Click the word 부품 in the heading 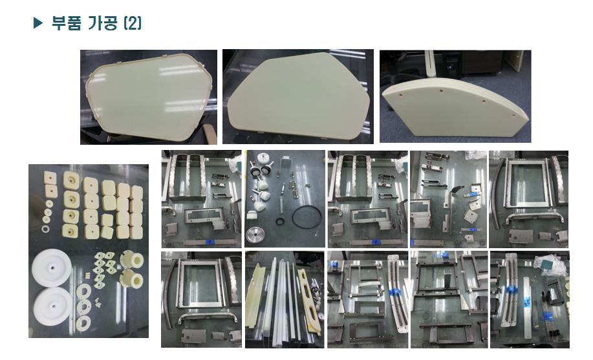tap(66, 23)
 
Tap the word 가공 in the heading tap(102, 23)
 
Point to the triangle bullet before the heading tap(38, 23)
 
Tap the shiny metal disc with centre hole tap(256, 235)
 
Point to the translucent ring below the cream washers tap(46, 229)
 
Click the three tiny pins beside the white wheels tap(87, 274)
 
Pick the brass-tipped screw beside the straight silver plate tap(534, 279)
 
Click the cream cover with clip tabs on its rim tap(148, 97)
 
